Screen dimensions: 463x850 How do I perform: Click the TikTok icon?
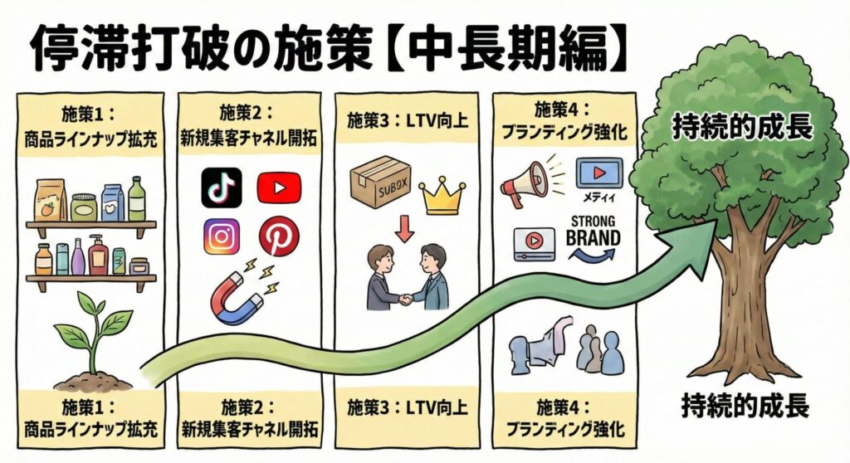[x=222, y=188]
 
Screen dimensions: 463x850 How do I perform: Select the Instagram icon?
[x=222, y=237]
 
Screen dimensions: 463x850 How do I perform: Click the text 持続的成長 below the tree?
[x=745, y=407]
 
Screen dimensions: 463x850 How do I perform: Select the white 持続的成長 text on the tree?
[x=741, y=129]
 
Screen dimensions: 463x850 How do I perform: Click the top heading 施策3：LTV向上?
[x=407, y=122]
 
